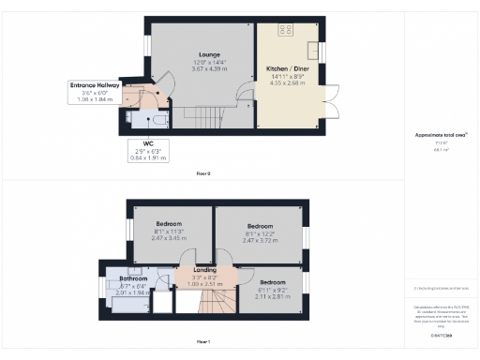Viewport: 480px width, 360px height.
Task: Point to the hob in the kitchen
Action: tap(282, 29)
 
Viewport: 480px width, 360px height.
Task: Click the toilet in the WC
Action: tap(157, 119)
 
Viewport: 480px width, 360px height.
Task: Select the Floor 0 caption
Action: tap(202, 173)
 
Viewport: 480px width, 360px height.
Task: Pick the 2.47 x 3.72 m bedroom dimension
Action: tap(260, 241)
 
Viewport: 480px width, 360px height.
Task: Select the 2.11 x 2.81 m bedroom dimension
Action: tap(273, 295)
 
